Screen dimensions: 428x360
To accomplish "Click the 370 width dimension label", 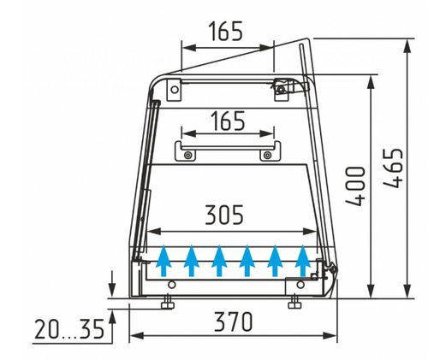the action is tap(233, 322).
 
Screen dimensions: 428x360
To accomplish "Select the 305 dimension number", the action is tap(224, 215).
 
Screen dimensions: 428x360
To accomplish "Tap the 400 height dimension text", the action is tap(355, 186).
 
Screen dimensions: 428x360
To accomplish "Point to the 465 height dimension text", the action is tap(393, 168).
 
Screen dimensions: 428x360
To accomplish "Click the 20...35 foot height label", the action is tap(69, 329).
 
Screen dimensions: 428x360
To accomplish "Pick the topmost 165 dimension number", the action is tap(226, 31).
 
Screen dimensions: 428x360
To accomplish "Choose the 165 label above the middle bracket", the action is tap(228, 121).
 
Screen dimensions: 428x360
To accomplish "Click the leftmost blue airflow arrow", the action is tap(163, 261).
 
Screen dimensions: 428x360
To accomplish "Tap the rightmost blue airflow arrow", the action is tap(303, 261).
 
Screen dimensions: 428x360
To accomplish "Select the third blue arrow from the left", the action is tap(219, 261).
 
